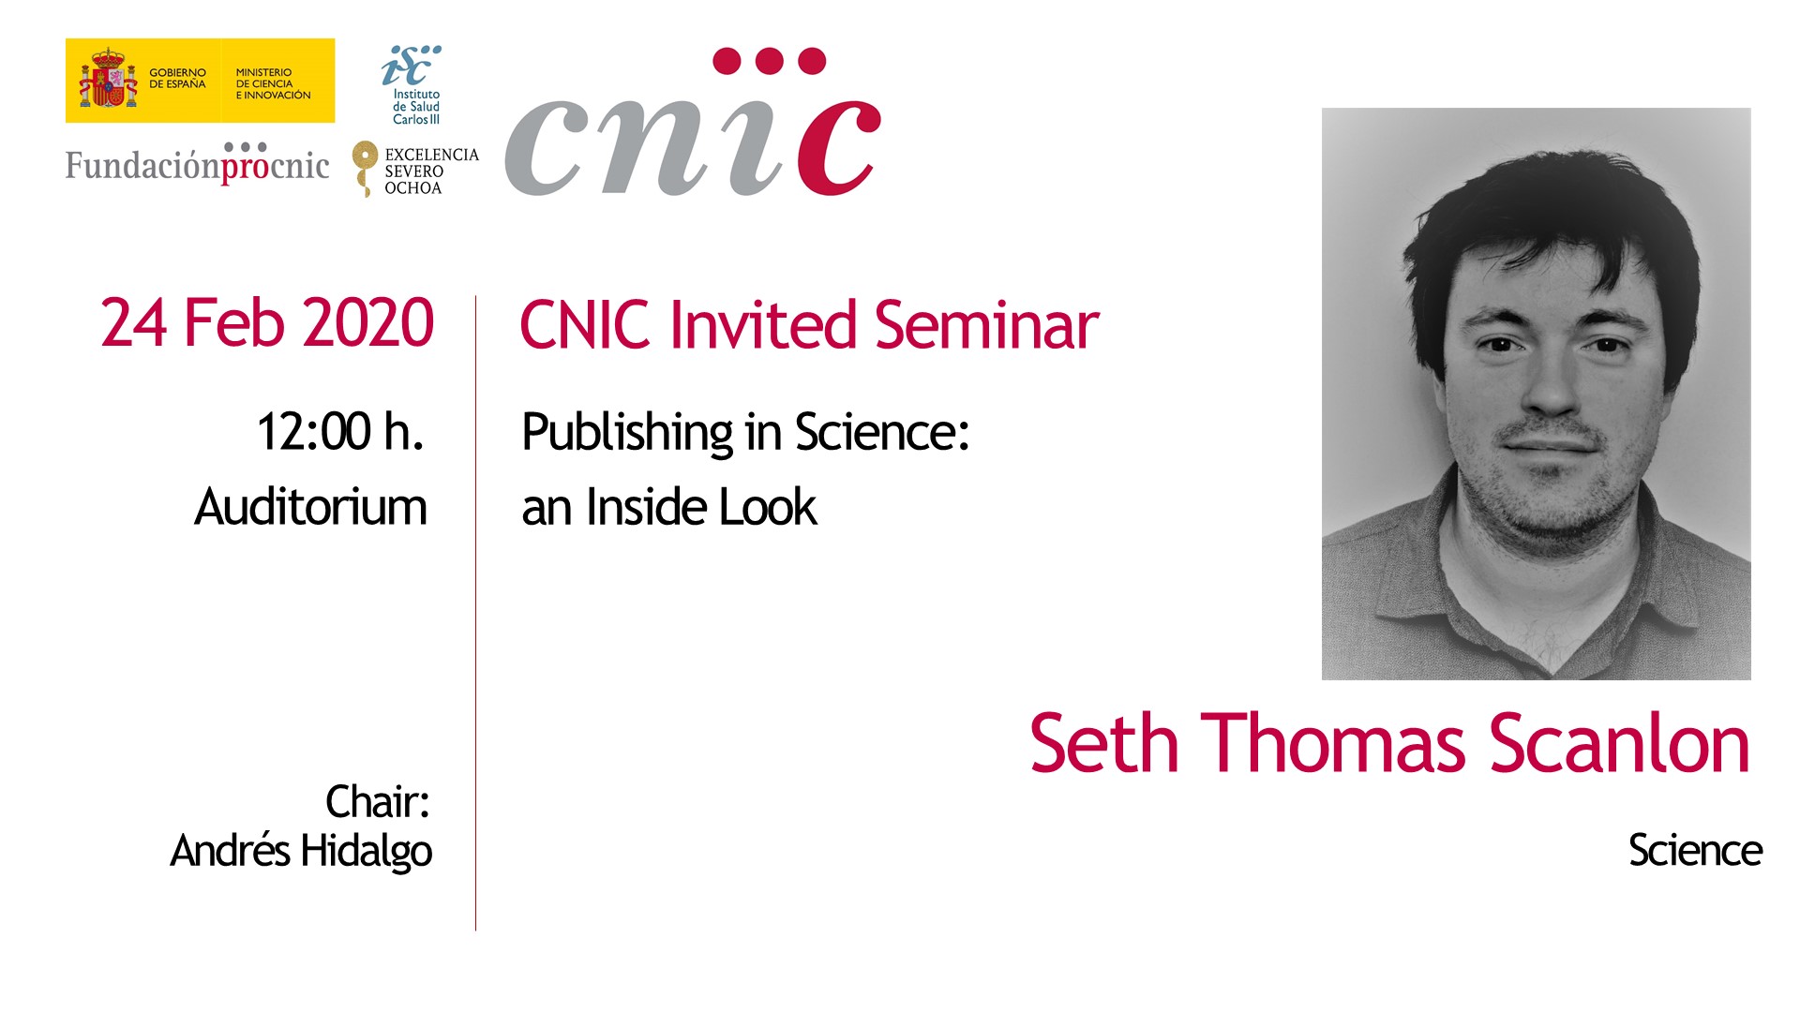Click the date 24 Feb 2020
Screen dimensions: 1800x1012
pos(267,323)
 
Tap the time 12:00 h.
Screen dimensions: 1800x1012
pos(340,432)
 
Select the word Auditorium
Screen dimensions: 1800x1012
pos(310,507)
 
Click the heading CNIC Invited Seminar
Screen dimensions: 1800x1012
pos(809,325)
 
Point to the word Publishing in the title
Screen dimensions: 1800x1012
pos(627,433)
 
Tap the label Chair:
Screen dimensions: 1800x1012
pos(378,802)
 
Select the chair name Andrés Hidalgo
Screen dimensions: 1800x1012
pos(301,851)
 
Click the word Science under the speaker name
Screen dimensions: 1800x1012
pos(1695,851)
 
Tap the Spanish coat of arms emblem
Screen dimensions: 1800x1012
pos(108,80)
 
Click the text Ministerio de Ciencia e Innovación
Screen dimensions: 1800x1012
pos(273,83)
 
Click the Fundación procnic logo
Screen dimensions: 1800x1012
pos(197,163)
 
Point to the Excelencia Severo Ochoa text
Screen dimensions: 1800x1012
pos(431,171)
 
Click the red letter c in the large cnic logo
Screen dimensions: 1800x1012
pos(838,145)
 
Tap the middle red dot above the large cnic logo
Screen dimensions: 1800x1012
pos(769,61)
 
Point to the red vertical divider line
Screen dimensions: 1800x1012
pos(475,613)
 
